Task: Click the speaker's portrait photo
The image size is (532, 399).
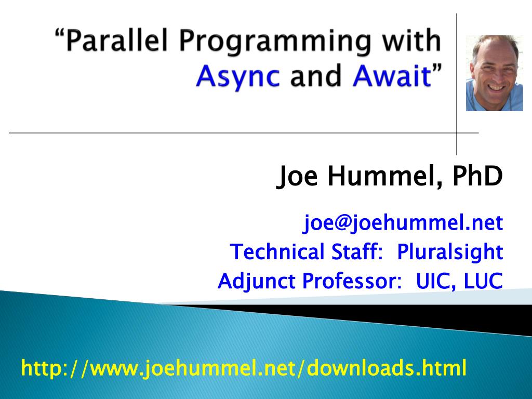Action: pyautogui.click(x=494, y=73)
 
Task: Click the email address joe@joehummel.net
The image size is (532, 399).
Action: pyautogui.click(x=403, y=223)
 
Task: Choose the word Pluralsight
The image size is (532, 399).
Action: pyautogui.click(x=450, y=252)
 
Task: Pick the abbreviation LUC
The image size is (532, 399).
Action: pyautogui.click(x=483, y=282)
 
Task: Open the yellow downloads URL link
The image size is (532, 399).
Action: pyautogui.click(x=244, y=368)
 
